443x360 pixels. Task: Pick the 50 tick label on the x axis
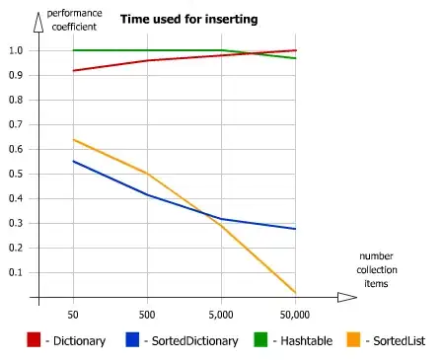coord(73,314)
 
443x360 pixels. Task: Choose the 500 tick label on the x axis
coord(147,314)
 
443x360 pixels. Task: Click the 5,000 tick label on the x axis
coord(221,314)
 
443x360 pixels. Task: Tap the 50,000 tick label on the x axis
coord(295,314)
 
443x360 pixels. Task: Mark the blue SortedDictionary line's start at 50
coord(73,161)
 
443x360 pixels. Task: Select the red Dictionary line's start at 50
coord(73,70)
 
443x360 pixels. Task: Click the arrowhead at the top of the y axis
coord(37,17)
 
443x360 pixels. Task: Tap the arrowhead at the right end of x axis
coord(347,297)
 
